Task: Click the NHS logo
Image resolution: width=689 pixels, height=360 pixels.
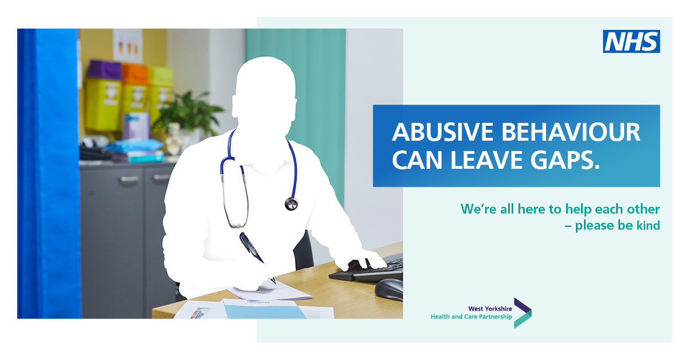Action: (x=631, y=41)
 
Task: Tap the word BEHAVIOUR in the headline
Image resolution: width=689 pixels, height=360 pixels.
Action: (x=571, y=132)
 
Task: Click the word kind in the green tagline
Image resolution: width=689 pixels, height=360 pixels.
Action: (x=648, y=225)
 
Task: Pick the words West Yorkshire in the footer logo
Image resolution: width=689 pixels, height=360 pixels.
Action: (x=490, y=309)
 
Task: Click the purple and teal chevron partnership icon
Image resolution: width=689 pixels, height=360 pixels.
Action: (x=522, y=313)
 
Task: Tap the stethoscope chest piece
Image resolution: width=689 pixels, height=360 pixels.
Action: (x=291, y=204)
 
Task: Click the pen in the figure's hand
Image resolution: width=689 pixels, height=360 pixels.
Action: (x=251, y=247)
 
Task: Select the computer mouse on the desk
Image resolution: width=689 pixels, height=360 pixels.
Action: (x=389, y=290)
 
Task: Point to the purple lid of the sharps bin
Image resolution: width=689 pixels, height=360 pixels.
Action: (x=104, y=70)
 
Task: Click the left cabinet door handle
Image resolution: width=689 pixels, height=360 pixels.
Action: (x=130, y=179)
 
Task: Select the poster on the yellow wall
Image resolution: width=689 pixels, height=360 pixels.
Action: (x=127, y=46)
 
